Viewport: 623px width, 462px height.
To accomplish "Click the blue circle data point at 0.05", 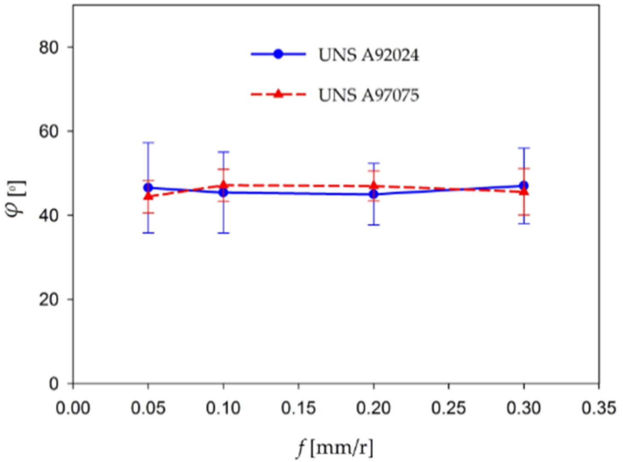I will pyautogui.click(x=148, y=188).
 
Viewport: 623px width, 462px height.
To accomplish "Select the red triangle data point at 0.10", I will pyautogui.click(x=223, y=185).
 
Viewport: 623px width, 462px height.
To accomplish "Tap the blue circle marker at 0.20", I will pyautogui.click(x=374, y=194).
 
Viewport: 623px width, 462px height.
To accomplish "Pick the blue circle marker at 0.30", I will pyautogui.click(x=524, y=186).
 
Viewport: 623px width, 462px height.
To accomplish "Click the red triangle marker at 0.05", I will pyautogui.click(x=148, y=196).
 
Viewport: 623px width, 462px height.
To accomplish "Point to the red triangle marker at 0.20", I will pyautogui.click(x=374, y=186).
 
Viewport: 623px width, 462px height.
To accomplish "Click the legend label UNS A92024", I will pyautogui.click(x=369, y=55).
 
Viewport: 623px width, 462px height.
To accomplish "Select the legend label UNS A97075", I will pyautogui.click(x=369, y=95).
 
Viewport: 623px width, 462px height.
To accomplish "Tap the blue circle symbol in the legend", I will pyautogui.click(x=278, y=54).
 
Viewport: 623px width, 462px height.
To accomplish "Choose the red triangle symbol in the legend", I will pyautogui.click(x=278, y=94).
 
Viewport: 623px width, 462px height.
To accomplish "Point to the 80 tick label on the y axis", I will pyautogui.click(x=49, y=47).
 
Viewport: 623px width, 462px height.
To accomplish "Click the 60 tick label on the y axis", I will pyautogui.click(x=49, y=131).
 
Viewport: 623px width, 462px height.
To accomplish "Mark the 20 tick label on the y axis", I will pyautogui.click(x=49, y=300).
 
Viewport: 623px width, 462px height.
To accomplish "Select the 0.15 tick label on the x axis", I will pyautogui.click(x=298, y=408).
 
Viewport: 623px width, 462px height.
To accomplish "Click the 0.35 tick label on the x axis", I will pyautogui.click(x=598, y=408).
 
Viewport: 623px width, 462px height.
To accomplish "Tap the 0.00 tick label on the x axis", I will pyautogui.click(x=73, y=408).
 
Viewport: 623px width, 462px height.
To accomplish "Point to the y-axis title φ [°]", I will pyautogui.click(x=17, y=199).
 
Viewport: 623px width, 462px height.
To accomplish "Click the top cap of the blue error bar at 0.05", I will pyautogui.click(x=148, y=142).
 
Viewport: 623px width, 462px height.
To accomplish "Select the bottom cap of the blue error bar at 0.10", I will pyautogui.click(x=223, y=233).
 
